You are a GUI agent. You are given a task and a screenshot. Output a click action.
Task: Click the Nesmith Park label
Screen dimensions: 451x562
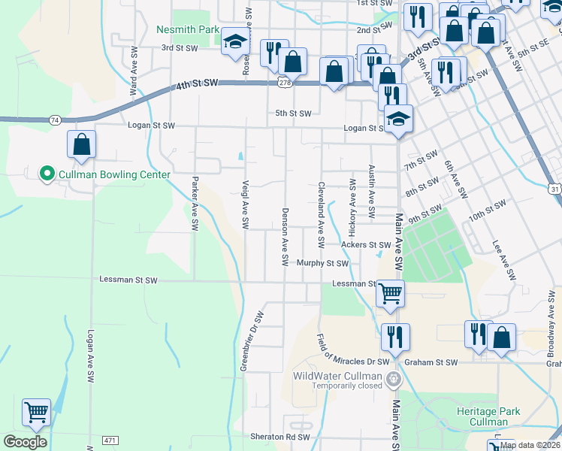(187, 30)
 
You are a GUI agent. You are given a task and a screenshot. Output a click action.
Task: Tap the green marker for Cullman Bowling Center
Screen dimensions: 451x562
(47, 174)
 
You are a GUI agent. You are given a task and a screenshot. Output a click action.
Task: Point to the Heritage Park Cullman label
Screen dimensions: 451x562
(488, 417)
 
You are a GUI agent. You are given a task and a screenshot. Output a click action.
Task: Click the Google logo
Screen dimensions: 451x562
(25, 442)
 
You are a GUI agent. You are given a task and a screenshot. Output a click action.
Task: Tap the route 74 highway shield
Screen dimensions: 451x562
(54, 120)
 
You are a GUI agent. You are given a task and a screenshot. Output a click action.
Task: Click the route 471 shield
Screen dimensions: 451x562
(110, 439)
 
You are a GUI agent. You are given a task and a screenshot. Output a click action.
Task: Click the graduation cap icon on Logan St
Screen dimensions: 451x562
(398, 118)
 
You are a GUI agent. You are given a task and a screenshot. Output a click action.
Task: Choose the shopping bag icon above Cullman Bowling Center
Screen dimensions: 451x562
(82, 144)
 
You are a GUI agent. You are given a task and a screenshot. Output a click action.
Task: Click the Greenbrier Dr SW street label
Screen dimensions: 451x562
(251, 341)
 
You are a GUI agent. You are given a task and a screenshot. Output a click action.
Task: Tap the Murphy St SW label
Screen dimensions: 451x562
(322, 263)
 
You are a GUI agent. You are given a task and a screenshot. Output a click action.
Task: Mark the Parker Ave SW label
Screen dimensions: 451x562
(195, 204)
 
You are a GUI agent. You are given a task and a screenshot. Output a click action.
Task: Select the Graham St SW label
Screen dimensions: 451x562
(431, 362)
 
